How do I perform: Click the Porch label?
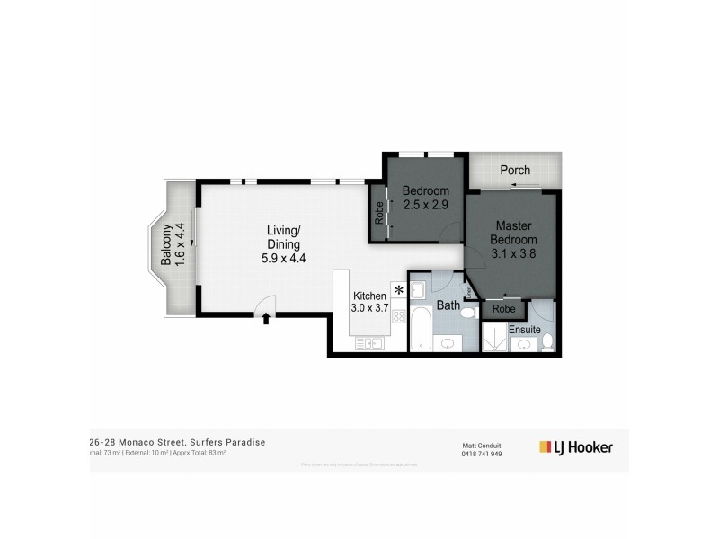point(515,170)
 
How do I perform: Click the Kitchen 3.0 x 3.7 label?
point(368,302)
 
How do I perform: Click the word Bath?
point(448,305)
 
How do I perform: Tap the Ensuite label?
point(525,330)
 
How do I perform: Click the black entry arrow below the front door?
point(265,318)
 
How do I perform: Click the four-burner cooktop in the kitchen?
point(398,315)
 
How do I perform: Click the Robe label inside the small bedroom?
point(379,216)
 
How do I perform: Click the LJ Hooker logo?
point(575,446)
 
